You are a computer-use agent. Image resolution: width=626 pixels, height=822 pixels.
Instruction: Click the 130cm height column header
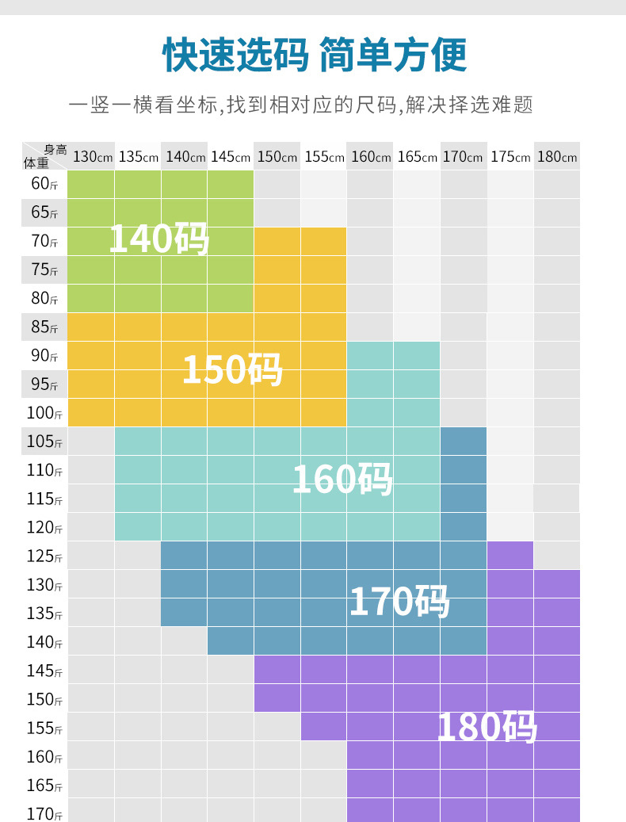coord(91,156)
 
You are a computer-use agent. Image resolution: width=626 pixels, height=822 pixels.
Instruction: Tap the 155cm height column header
coord(323,156)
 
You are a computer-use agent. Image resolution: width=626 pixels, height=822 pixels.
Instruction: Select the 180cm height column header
coord(556,156)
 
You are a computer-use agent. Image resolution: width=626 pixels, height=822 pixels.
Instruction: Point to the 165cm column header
coord(417,156)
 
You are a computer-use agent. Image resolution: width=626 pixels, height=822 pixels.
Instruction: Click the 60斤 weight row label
coord(44,185)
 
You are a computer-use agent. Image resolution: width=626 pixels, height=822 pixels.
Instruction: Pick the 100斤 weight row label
coord(44,413)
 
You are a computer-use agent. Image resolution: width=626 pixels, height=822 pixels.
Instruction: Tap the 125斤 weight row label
coord(44,556)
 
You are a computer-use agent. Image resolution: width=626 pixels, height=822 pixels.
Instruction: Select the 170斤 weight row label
coord(44,812)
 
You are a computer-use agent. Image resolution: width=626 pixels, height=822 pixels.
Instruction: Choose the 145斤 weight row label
coord(44,671)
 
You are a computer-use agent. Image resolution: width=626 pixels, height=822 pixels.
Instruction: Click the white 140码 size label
coord(158,238)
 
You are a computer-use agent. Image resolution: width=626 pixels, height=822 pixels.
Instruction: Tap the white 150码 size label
coord(232,369)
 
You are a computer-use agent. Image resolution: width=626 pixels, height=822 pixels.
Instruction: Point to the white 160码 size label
coord(342,479)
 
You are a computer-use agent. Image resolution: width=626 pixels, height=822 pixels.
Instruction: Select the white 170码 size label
coord(399,602)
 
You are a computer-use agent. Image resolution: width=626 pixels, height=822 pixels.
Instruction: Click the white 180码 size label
coord(487,727)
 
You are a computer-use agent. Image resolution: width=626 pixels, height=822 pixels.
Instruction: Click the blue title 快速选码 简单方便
coord(314,55)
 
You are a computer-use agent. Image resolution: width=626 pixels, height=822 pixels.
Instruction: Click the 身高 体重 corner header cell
coord(44,156)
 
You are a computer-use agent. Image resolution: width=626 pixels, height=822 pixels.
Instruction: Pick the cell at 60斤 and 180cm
coord(556,185)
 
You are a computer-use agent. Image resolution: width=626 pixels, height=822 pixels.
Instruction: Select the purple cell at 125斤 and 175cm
coord(510,556)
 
